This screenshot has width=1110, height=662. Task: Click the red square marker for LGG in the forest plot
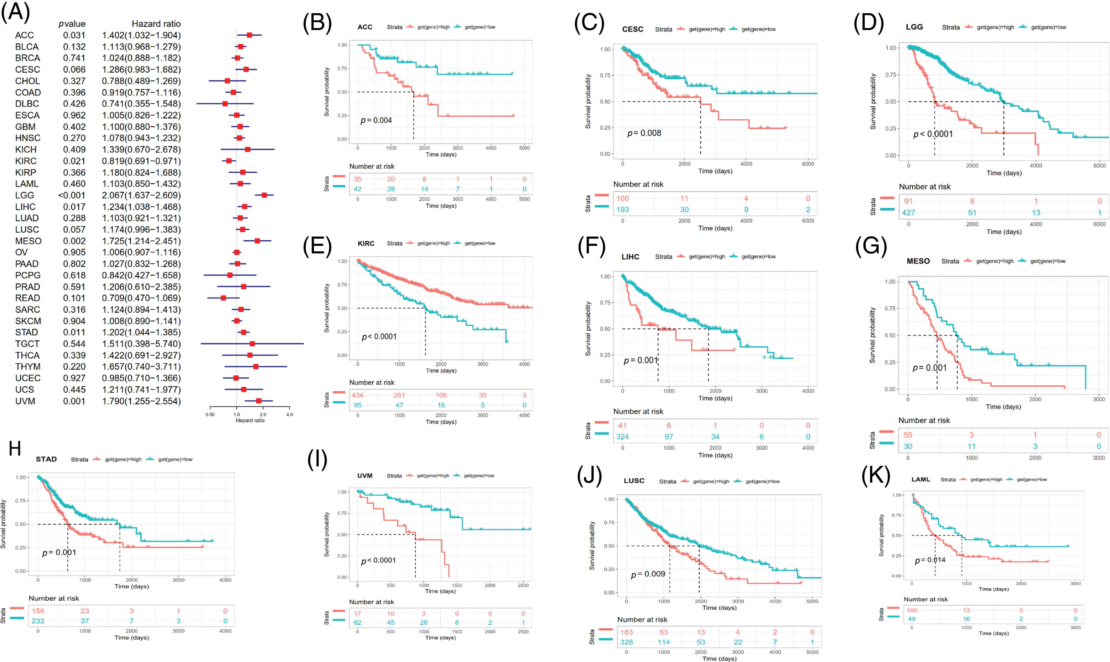click(264, 195)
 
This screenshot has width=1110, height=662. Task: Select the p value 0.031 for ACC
click(74, 35)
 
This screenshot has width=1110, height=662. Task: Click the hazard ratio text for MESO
click(141, 241)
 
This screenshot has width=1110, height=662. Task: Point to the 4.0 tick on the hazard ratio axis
click(290, 414)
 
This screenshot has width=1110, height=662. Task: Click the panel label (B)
click(317, 23)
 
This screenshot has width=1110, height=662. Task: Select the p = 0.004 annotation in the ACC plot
click(376, 120)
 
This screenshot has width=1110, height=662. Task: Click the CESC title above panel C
click(633, 29)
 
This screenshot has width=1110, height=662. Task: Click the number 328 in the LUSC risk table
click(626, 642)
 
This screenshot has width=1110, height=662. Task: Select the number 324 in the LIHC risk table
click(623, 437)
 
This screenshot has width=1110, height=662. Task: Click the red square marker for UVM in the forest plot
click(258, 401)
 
